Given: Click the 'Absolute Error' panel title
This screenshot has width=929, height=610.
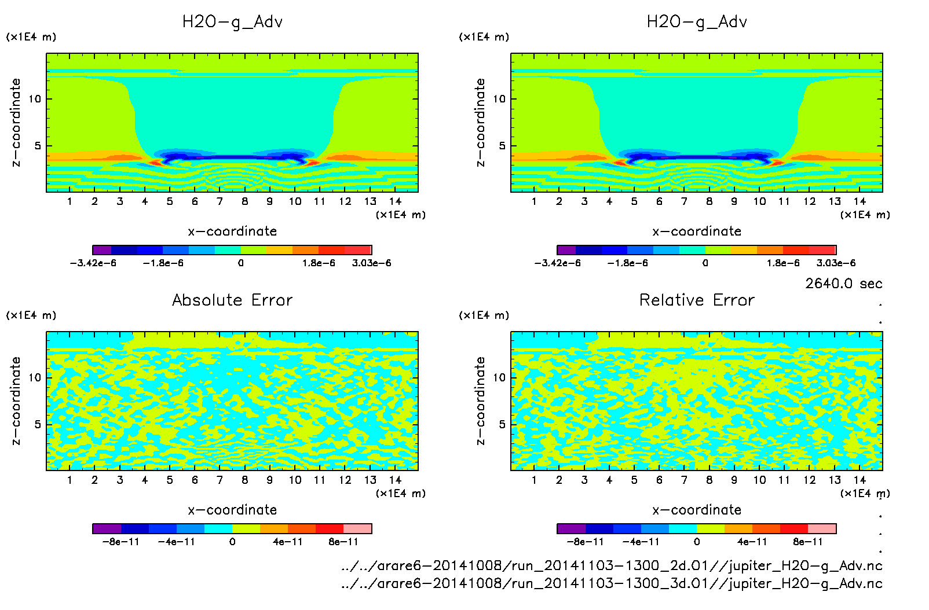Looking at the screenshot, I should coord(232,300).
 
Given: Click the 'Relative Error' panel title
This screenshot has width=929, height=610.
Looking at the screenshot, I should coord(697,300).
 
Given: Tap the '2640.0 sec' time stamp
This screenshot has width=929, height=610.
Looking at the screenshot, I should coord(843,284).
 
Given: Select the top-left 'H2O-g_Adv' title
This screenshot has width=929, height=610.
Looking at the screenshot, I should coord(232,22).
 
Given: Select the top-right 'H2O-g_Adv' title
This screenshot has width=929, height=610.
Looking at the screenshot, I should coord(697,22).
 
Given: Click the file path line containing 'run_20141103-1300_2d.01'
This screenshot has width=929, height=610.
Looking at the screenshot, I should coord(612,565).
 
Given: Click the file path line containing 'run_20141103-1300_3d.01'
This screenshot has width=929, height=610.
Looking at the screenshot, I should coord(612,583).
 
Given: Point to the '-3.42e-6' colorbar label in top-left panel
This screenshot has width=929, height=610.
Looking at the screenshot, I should coord(93,263).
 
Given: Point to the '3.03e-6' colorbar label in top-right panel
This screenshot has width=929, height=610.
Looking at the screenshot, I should coord(836,263).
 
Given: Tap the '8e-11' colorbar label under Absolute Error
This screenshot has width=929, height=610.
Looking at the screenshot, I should coord(343,542).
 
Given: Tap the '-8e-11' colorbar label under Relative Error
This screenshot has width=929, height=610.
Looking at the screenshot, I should coord(585,542).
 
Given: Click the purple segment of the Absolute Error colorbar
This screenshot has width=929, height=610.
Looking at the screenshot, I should coord(107,528).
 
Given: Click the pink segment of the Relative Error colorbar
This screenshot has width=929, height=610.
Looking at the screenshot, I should coord(822,528).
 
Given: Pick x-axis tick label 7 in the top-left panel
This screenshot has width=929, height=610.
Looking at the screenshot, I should coord(220,201).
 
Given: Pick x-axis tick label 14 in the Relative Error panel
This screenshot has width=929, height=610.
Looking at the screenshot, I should coord(859,480).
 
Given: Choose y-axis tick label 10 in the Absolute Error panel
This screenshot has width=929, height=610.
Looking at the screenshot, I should coord(35,377).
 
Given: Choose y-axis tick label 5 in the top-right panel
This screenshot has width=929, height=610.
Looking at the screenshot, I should coord(502,146).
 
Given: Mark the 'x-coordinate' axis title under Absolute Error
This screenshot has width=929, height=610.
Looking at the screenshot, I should coord(232,510).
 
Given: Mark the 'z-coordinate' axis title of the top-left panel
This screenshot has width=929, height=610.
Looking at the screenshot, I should coord(16,122).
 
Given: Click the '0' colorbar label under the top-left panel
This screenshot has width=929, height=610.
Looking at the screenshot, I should coord(240,263).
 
